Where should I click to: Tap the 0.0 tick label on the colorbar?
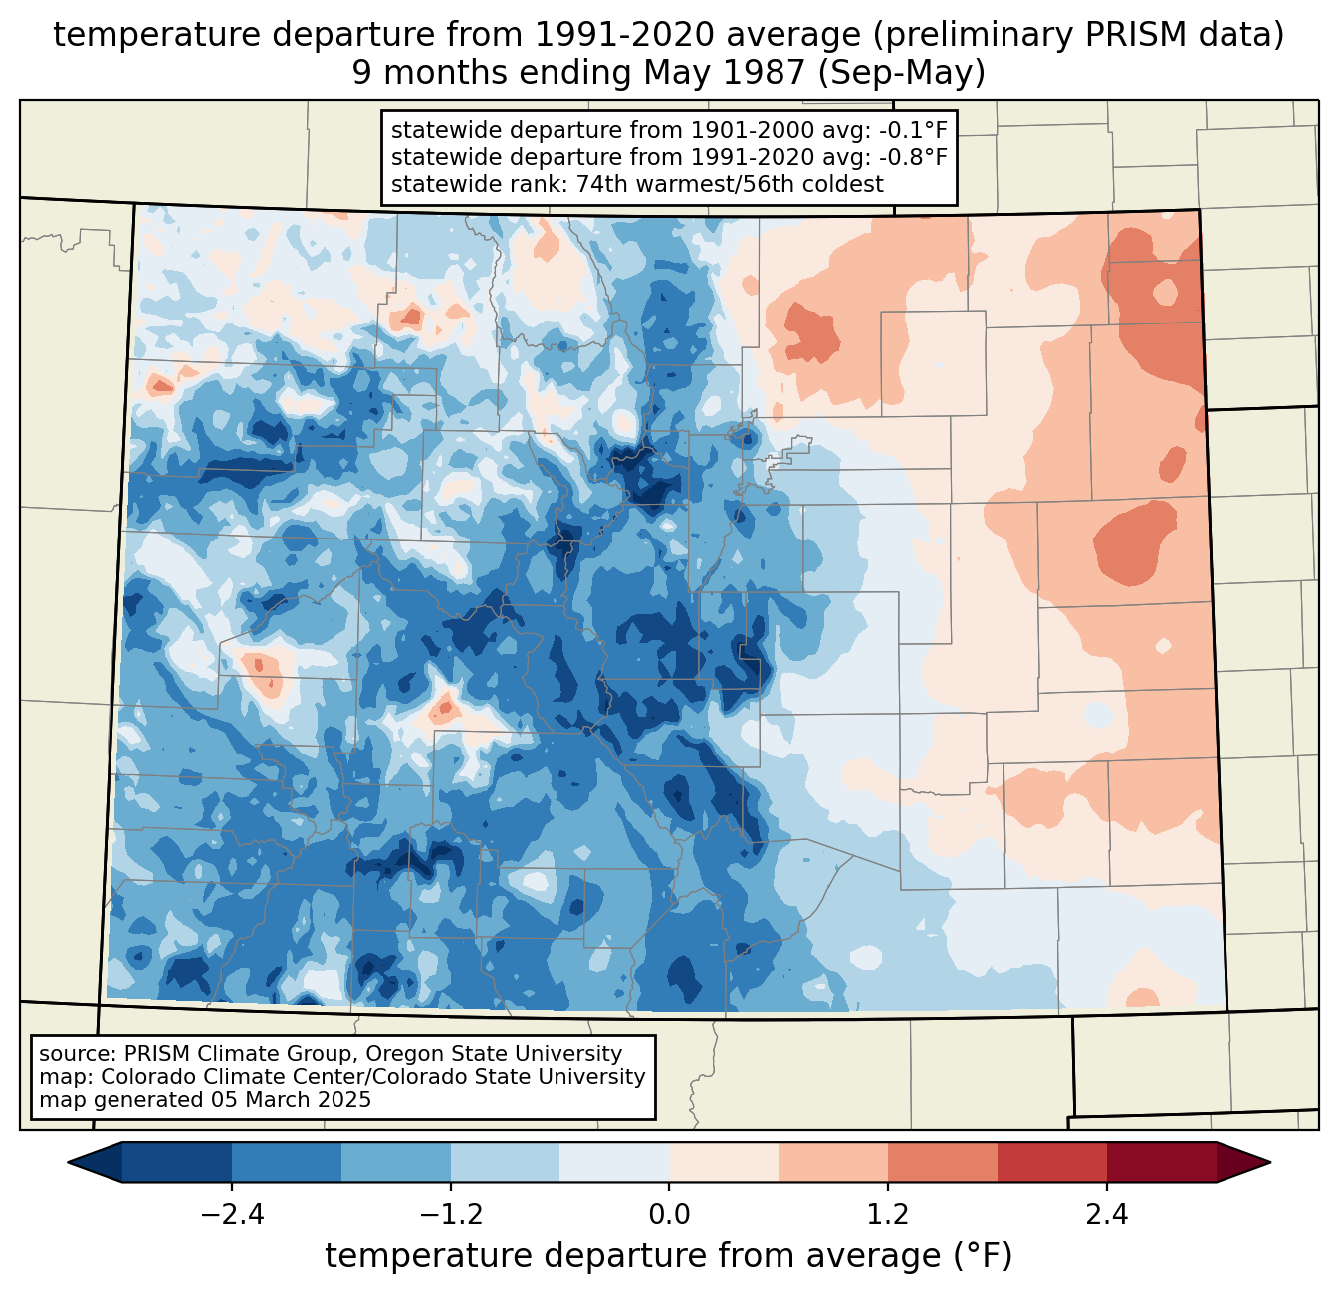click(669, 1215)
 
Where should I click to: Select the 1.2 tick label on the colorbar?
click(888, 1215)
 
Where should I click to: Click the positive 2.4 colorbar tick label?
click(1106, 1215)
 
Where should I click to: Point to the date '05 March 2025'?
click(291, 1100)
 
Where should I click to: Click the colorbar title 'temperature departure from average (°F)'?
click(668, 1257)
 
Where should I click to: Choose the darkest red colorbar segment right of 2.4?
click(1161, 1162)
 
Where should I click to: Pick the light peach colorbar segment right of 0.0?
click(724, 1162)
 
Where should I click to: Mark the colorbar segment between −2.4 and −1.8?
click(287, 1162)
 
